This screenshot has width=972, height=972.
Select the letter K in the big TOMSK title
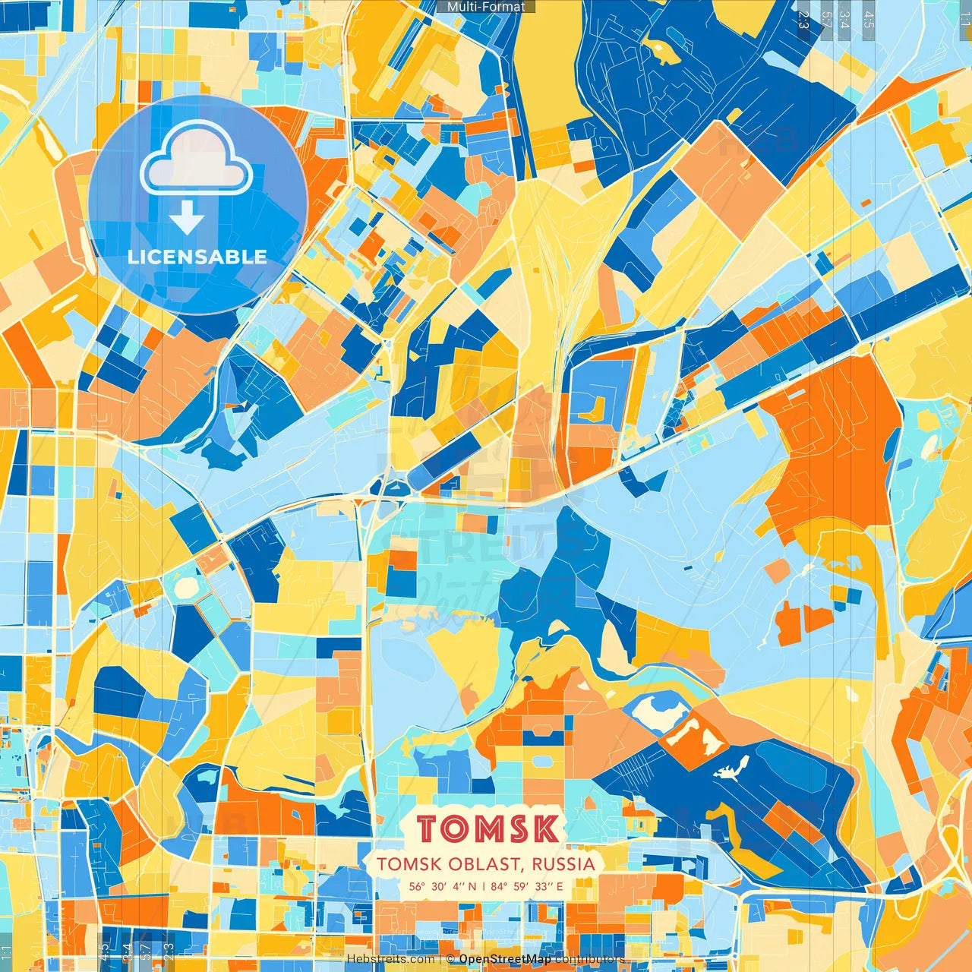click(x=544, y=829)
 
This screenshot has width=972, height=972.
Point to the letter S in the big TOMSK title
click(x=520, y=829)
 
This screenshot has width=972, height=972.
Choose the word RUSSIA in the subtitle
click(x=563, y=864)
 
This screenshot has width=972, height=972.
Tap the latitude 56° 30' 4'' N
click(x=443, y=886)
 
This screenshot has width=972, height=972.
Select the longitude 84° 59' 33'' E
click(x=527, y=886)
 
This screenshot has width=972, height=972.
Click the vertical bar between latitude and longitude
click(x=484, y=886)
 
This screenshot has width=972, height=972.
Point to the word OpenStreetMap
click(x=505, y=959)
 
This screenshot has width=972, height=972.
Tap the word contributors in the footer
click(x=589, y=959)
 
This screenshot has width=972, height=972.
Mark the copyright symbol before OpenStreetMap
click(x=450, y=959)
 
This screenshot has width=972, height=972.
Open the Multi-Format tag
click(x=486, y=7)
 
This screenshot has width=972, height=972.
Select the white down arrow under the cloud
click(x=187, y=219)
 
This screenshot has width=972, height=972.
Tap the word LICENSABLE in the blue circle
click(x=197, y=257)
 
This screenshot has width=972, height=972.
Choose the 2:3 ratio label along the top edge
click(x=803, y=20)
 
